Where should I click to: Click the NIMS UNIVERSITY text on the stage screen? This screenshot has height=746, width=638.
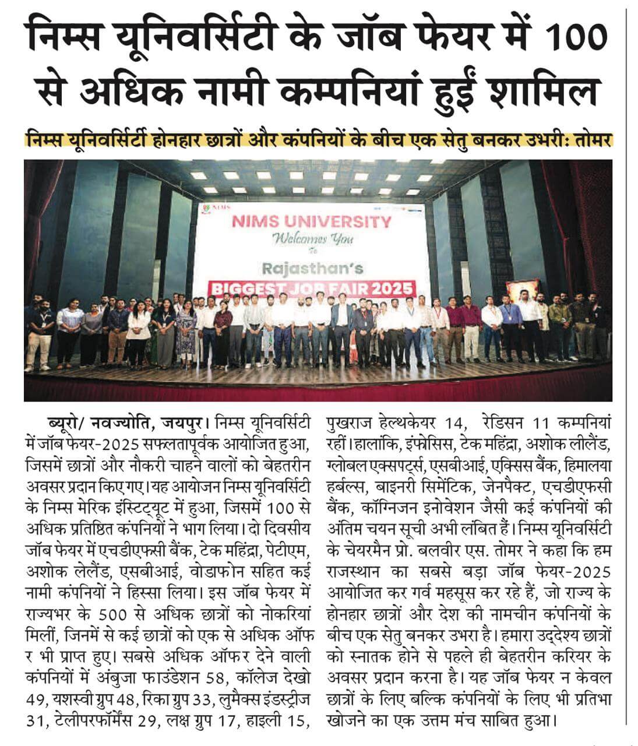(312, 221)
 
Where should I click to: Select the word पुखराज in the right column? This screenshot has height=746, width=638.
(348, 421)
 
